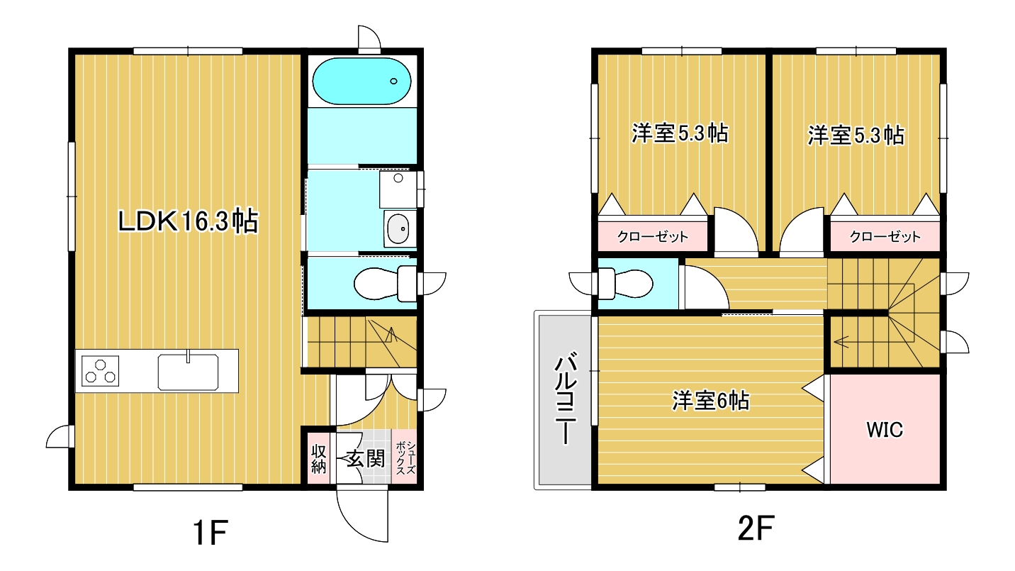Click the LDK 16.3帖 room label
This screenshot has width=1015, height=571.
pyautogui.click(x=188, y=221)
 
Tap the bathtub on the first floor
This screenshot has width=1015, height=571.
pyautogui.click(x=361, y=81)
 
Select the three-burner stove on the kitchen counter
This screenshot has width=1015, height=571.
pyautogui.click(x=100, y=370)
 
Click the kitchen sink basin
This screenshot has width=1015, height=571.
pyautogui.click(x=188, y=372)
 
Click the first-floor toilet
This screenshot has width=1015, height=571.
pyautogui.click(x=385, y=284)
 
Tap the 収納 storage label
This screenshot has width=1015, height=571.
pyautogui.click(x=318, y=459)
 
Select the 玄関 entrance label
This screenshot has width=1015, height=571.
pyautogui.click(x=366, y=459)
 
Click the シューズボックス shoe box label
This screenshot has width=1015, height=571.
pyautogui.click(x=405, y=458)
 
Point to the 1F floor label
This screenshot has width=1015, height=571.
pyautogui.click(x=211, y=532)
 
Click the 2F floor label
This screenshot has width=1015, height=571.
pyautogui.click(x=756, y=528)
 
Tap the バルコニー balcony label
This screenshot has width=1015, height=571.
pyautogui.click(x=566, y=400)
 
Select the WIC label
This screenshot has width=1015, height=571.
pyautogui.click(x=885, y=430)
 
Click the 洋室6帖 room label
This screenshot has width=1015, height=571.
pyautogui.click(x=710, y=401)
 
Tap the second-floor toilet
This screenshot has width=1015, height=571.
pyautogui.click(x=625, y=284)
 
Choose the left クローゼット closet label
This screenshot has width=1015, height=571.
pyautogui.click(x=653, y=236)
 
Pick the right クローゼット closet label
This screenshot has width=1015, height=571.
pyautogui.click(x=885, y=236)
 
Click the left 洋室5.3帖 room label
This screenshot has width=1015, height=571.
pyautogui.click(x=680, y=133)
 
